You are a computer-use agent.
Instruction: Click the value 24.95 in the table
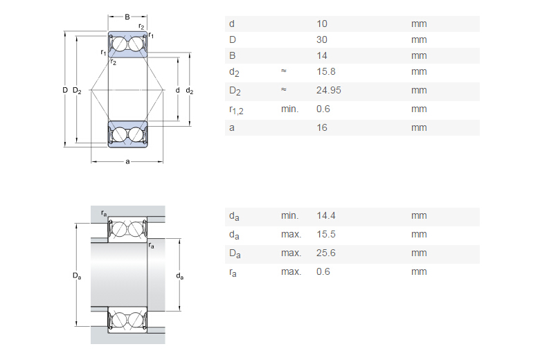328,90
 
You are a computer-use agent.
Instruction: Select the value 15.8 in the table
325,71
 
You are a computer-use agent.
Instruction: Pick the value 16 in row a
322,127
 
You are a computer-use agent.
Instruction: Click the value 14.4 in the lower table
325,216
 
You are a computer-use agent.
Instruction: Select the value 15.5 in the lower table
325,234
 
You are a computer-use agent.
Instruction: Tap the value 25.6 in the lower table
325,253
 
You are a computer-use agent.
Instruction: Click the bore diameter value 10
322,24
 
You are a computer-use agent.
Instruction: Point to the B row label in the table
232,55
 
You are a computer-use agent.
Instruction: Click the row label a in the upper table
231,127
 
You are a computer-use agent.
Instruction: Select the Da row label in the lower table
235,253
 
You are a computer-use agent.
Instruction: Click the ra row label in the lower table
233,272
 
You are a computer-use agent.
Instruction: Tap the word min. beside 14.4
290,216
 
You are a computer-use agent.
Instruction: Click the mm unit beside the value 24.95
419,90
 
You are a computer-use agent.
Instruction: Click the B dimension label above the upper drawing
127,16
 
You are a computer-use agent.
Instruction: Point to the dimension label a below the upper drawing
127,162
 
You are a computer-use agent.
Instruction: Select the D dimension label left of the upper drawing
64,91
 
